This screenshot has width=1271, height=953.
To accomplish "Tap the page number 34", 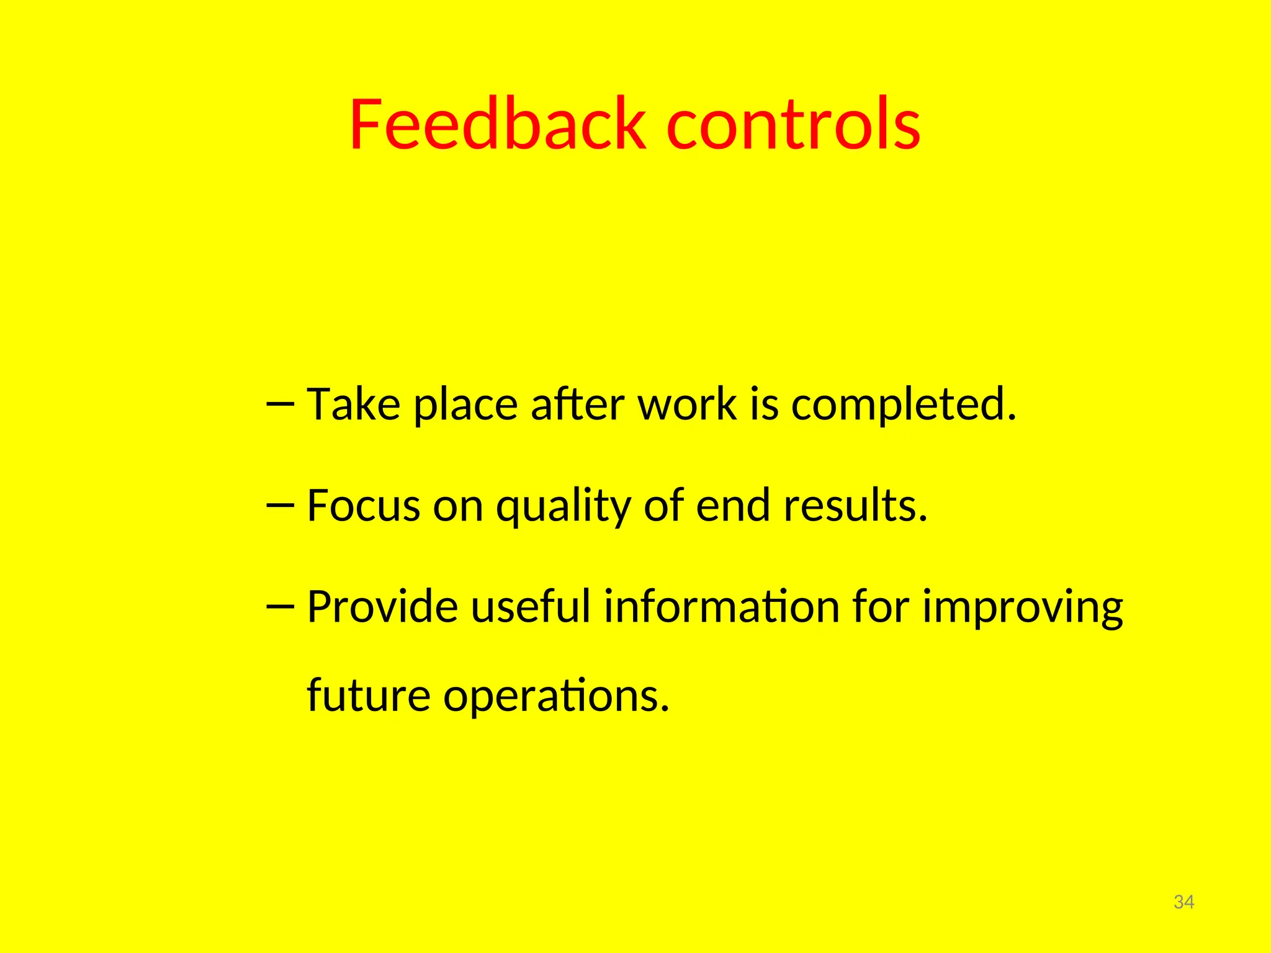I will click(x=1183, y=902).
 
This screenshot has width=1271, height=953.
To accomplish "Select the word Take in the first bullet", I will click(x=354, y=405).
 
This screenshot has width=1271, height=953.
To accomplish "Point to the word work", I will click(x=686, y=405).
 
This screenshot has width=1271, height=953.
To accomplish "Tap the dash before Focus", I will click(x=279, y=506).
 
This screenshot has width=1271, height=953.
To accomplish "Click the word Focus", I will click(x=364, y=506).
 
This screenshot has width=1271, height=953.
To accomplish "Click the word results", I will click(x=855, y=506).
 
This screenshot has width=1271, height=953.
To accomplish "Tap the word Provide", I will click(x=382, y=607).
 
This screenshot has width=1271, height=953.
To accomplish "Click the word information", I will click(x=722, y=607).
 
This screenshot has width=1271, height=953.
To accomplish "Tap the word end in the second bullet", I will click(x=733, y=506).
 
